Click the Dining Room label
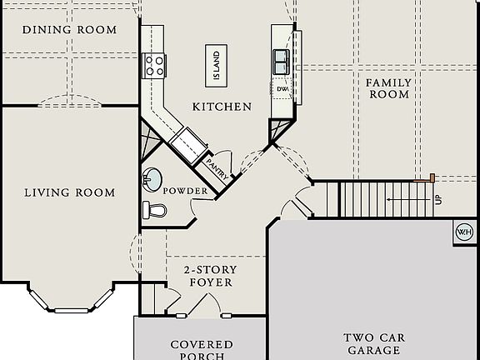point(69,30)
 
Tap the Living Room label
point(70,192)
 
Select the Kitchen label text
point(222,107)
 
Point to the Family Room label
point(389,88)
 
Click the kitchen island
point(216,66)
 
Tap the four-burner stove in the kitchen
point(154,66)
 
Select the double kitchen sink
point(281,62)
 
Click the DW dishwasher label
point(282,89)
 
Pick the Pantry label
point(217,169)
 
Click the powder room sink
point(152,180)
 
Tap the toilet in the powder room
point(155,210)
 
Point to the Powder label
point(185,191)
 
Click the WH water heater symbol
point(464,232)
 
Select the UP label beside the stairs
point(438,200)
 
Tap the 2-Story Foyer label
point(211,276)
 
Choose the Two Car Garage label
point(374,344)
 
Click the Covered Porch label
point(202,350)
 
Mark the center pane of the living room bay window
point(72,311)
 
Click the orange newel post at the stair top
point(432,177)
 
